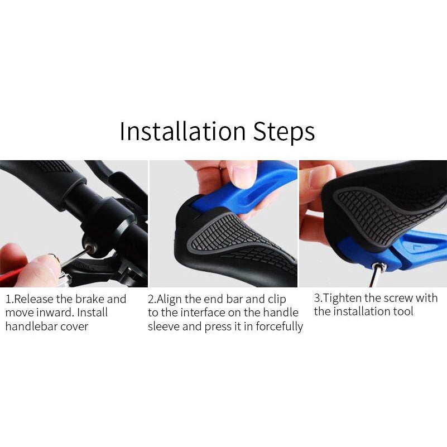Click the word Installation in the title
[x=182, y=132]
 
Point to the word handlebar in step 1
[x=31, y=326]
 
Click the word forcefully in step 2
[x=279, y=326]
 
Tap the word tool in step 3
[x=403, y=311]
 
